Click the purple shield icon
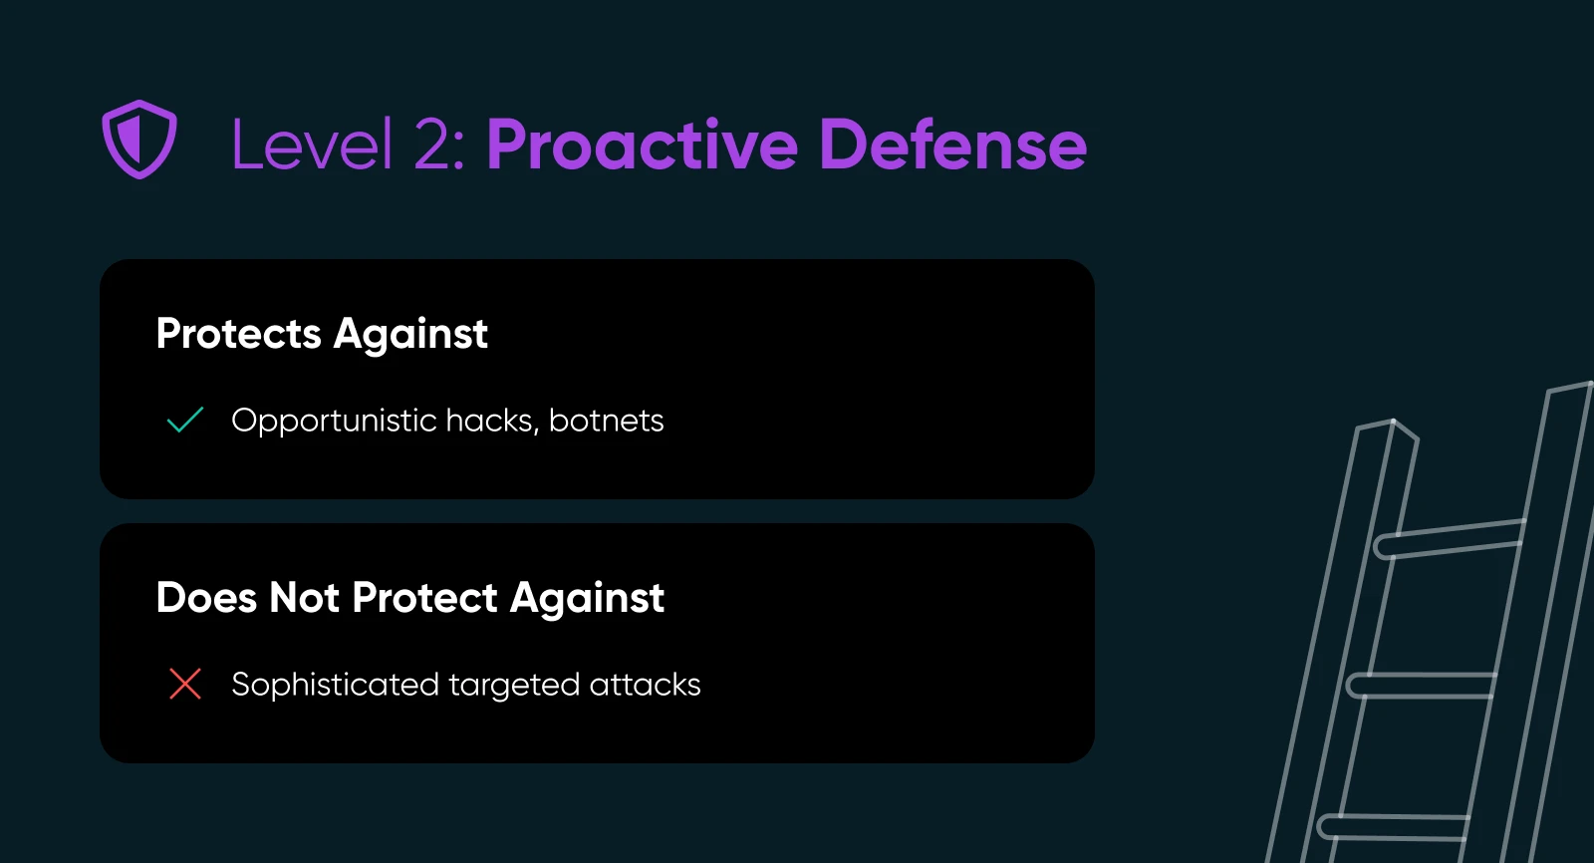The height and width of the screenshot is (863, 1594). point(139,140)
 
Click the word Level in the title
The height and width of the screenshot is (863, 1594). point(312,144)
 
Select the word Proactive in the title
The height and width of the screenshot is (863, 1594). point(642,144)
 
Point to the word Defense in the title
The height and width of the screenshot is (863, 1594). point(952,144)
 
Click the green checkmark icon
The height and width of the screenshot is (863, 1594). point(185,420)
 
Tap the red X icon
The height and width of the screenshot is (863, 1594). point(185,684)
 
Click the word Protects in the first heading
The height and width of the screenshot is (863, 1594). point(238,333)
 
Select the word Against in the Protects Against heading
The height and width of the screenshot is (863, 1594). point(410,334)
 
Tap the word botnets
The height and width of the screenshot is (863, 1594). point(607,421)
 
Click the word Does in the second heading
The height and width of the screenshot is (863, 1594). point(206,597)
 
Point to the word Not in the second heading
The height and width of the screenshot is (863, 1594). point(304,597)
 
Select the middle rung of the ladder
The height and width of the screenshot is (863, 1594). point(1422,685)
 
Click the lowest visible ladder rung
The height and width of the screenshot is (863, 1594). point(1394,827)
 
